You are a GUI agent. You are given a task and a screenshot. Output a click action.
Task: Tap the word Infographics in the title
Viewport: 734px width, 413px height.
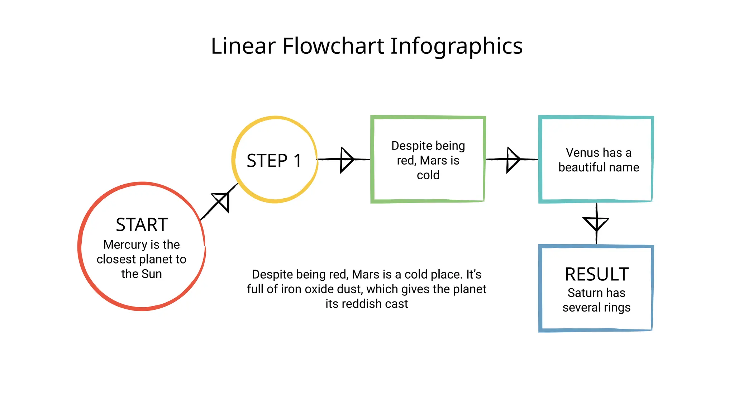pos(456,47)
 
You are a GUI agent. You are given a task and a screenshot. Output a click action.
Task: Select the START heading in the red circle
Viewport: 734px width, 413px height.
pos(142,225)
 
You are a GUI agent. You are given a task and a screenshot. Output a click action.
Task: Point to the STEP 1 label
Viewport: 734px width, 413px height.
pos(274,161)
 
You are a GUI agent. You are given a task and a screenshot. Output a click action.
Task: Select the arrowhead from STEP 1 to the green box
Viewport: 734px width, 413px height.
pos(346,160)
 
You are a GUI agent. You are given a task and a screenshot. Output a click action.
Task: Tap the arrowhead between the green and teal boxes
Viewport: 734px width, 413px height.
pos(513,160)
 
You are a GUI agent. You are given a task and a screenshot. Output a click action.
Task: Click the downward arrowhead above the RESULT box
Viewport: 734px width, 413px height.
pos(596,223)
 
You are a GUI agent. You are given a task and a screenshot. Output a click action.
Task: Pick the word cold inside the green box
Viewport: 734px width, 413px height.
pos(428,175)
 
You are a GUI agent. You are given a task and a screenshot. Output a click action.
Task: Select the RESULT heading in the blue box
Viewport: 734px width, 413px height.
pos(597,275)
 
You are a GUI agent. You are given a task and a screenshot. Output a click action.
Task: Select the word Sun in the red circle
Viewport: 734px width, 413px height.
pos(152,274)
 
